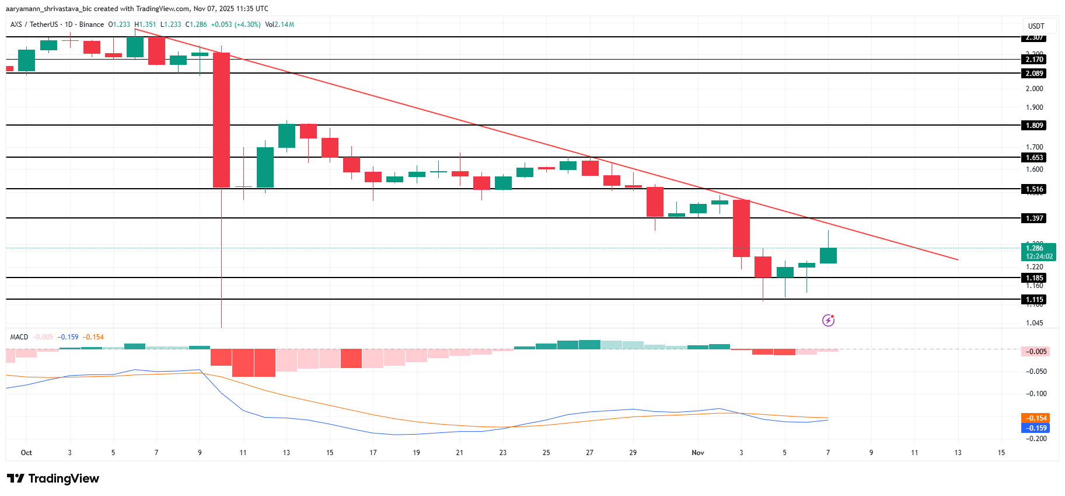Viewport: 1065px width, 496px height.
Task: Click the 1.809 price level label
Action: coord(1034,126)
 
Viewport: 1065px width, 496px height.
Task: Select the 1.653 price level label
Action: coord(1034,158)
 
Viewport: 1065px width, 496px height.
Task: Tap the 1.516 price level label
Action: coord(1034,189)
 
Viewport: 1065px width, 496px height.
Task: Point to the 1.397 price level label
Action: coord(1034,218)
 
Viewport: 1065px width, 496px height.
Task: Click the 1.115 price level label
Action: coord(1034,300)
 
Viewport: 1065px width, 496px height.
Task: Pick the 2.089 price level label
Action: coord(1034,74)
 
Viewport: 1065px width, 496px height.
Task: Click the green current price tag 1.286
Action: coord(1039,252)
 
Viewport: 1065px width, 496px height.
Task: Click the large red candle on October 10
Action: coord(221,120)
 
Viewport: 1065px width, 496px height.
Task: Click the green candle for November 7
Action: coord(828,255)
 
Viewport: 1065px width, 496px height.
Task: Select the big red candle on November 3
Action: coord(741,228)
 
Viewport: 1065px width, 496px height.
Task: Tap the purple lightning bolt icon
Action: coord(828,320)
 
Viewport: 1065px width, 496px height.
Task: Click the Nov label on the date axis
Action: coord(698,453)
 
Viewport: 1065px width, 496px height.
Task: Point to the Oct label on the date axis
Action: coord(26,453)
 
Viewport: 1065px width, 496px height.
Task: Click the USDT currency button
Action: coord(1036,26)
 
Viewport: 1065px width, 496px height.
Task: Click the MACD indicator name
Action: coord(19,337)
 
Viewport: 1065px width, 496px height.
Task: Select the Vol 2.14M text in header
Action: coord(280,25)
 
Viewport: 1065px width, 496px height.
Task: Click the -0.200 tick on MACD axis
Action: coord(1036,439)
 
